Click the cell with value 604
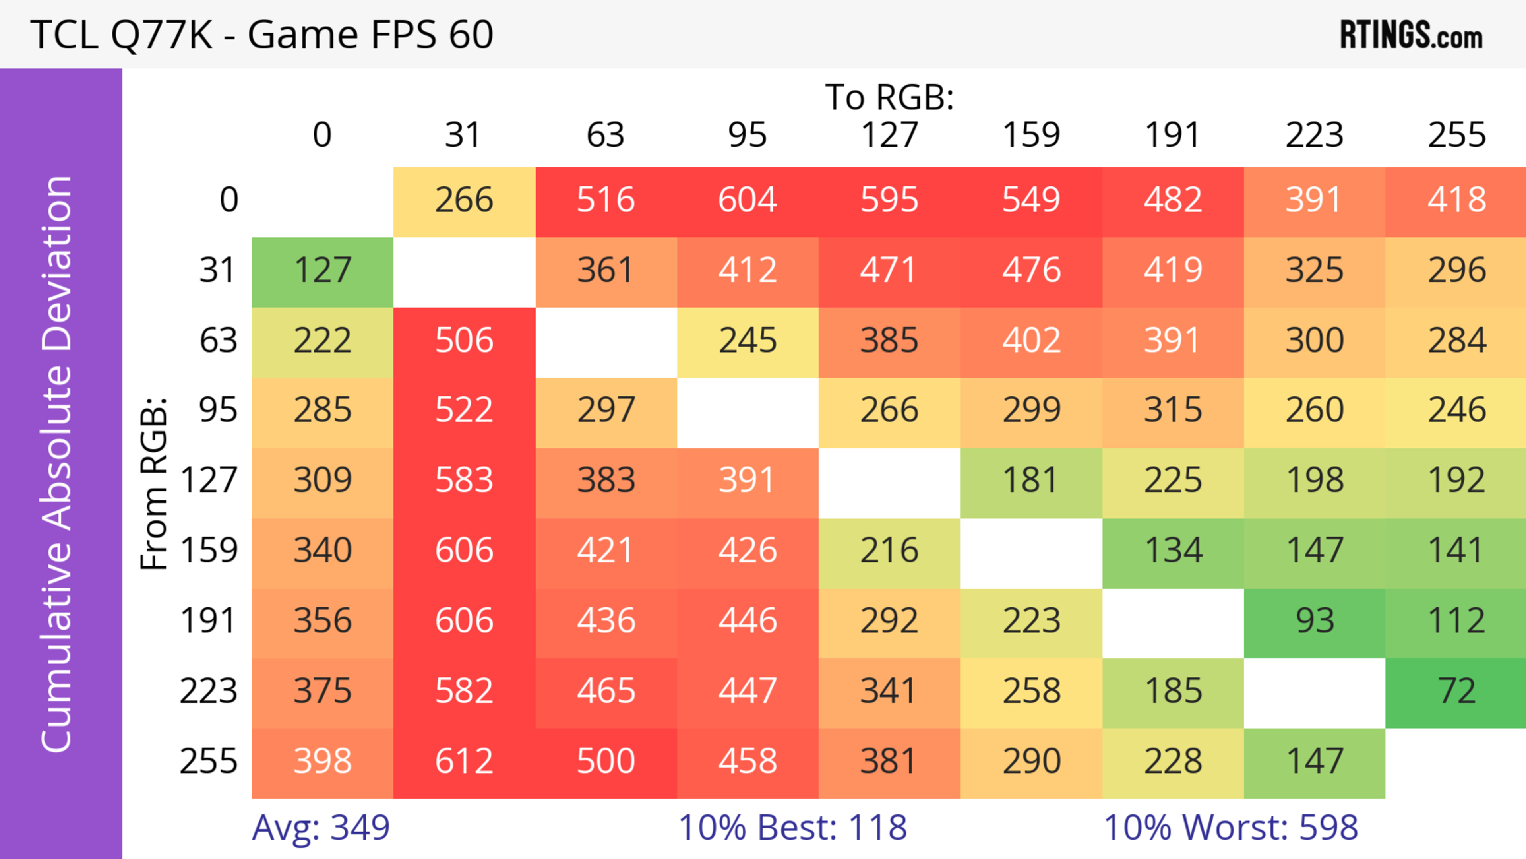pyautogui.click(x=748, y=200)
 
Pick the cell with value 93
pyautogui.click(x=1315, y=621)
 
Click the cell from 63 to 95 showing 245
pyautogui.click(x=748, y=341)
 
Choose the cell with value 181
pyautogui.click(x=1031, y=481)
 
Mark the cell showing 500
pyautogui.click(x=606, y=762)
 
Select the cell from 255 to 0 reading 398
pyautogui.click(x=323, y=762)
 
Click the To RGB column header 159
pyautogui.click(x=1031, y=135)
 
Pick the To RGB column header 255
pyautogui.click(x=1456, y=135)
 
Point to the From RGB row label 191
pyautogui.click(x=209, y=621)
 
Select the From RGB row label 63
pyautogui.click(x=218, y=341)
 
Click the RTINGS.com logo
pyautogui.click(x=1411, y=35)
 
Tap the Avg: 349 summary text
pyautogui.click(x=320, y=828)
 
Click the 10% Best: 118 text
pyautogui.click(x=793, y=828)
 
